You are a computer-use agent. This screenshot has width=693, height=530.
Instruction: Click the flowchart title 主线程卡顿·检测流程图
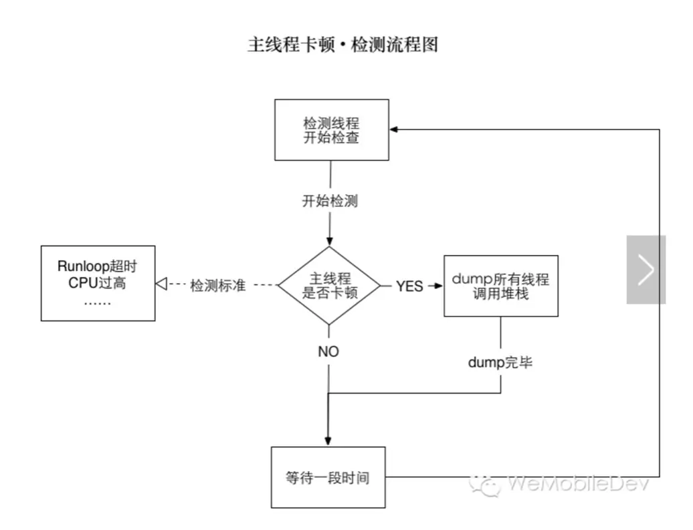click(342, 46)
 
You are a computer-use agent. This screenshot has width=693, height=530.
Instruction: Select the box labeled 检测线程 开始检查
click(332, 130)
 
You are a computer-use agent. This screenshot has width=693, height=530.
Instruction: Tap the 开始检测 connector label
click(330, 201)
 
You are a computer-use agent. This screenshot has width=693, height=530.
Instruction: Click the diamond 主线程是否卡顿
click(329, 286)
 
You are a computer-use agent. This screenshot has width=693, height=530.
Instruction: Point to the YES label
click(409, 286)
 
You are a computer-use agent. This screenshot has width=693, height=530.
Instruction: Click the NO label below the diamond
click(328, 351)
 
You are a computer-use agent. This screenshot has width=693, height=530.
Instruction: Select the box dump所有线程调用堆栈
click(501, 286)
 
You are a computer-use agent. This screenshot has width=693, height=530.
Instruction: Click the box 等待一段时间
click(328, 478)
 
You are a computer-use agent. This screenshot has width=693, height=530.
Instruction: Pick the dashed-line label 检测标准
click(218, 286)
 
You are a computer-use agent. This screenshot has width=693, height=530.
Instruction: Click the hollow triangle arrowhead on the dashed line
click(161, 285)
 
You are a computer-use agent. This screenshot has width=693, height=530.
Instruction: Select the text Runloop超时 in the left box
click(97, 266)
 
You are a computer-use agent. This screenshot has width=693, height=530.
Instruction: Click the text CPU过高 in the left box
click(97, 283)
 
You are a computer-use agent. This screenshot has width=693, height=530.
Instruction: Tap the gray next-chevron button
click(646, 270)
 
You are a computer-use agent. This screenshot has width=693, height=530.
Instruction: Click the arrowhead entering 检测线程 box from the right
click(395, 130)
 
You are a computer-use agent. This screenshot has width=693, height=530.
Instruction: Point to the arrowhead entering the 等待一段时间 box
click(328, 442)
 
